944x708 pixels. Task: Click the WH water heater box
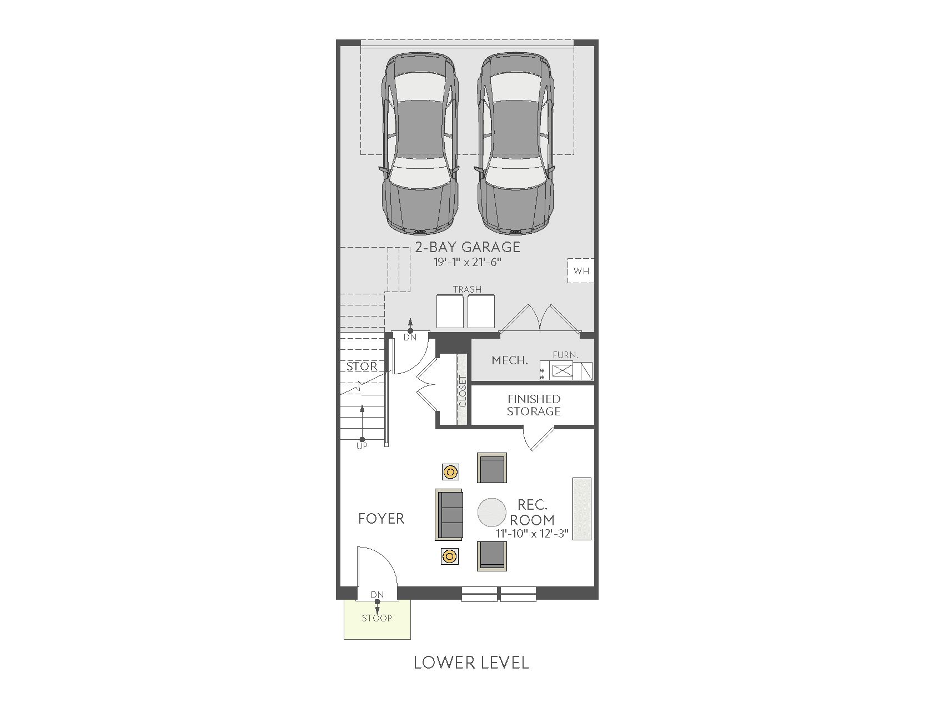[581, 271]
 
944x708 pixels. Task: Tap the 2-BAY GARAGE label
[468, 247]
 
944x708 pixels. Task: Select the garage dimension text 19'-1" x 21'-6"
[468, 262]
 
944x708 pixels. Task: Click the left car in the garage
[420, 143]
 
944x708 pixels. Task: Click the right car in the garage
[516, 143]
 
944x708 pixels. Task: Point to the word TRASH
[467, 289]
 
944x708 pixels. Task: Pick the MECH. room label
[510, 360]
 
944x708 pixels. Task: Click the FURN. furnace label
[565, 355]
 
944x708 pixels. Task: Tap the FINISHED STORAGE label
[534, 405]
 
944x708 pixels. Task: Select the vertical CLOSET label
[463, 391]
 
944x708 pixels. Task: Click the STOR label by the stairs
[362, 366]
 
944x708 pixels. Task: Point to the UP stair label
[362, 446]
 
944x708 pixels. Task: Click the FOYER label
[381, 519]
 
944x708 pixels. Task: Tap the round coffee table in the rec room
[492, 511]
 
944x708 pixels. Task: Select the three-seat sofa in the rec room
[449, 515]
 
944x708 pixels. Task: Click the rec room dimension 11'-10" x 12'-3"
[532, 534]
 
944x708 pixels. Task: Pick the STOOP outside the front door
[377, 618]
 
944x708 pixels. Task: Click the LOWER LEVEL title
[471, 662]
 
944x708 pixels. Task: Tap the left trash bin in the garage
[450, 312]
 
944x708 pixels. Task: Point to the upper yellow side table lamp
[450, 473]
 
